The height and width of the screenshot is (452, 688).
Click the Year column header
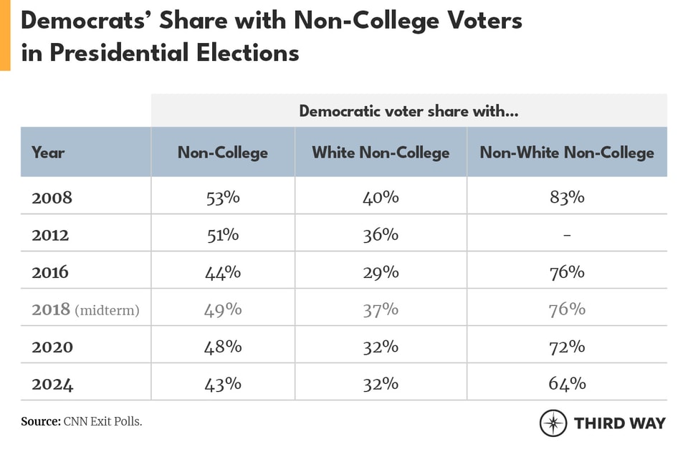(x=48, y=153)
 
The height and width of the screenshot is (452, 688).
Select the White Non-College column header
(x=381, y=153)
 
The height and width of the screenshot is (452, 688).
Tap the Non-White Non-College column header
(x=567, y=153)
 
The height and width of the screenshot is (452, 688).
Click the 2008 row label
(x=52, y=198)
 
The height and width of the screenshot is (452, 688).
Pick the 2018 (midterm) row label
(x=85, y=309)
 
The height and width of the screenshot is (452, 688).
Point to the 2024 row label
(x=52, y=384)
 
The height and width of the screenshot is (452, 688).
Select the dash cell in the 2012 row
(x=567, y=235)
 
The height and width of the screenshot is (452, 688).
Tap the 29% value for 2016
(x=381, y=272)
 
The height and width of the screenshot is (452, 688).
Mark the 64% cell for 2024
(x=567, y=384)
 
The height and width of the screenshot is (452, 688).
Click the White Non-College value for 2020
(x=381, y=347)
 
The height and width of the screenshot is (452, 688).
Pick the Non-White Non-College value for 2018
(x=567, y=309)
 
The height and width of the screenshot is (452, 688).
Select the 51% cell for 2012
(x=222, y=235)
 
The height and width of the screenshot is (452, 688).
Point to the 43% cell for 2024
(x=222, y=384)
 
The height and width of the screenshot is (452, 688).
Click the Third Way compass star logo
(x=553, y=423)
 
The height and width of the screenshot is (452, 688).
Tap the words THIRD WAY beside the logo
(x=619, y=423)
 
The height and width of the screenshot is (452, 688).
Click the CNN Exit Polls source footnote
(x=81, y=422)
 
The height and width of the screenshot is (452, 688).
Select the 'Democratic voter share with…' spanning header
(x=408, y=111)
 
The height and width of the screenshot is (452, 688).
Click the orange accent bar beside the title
(x=5, y=35)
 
